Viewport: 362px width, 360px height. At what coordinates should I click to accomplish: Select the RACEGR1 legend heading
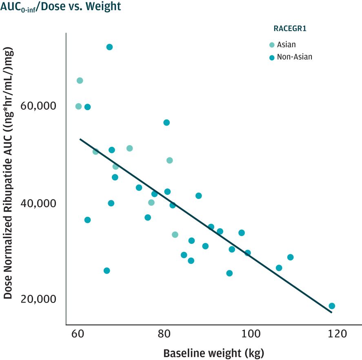click(x=289, y=29)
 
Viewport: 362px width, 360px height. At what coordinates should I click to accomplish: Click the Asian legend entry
click(x=286, y=44)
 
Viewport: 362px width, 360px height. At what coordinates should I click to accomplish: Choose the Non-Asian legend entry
click(x=294, y=57)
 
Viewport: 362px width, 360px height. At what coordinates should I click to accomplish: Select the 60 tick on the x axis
click(x=78, y=334)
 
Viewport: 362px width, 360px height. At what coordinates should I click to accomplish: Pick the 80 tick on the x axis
click(x=164, y=334)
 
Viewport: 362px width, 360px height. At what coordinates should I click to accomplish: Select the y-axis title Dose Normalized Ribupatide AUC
click(x=9, y=173)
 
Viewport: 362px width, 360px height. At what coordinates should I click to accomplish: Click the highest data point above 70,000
click(x=109, y=47)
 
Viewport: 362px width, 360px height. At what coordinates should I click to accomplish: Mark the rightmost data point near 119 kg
click(x=332, y=306)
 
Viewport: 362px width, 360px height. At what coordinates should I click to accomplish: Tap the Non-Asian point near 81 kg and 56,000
click(x=167, y=123)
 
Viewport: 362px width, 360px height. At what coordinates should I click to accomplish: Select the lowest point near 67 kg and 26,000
click(x=107, y=271)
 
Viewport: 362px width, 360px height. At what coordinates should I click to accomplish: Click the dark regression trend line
click(x=204, y=225)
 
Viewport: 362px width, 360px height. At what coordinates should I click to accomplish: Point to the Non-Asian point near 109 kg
click(x=290, y=257)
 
